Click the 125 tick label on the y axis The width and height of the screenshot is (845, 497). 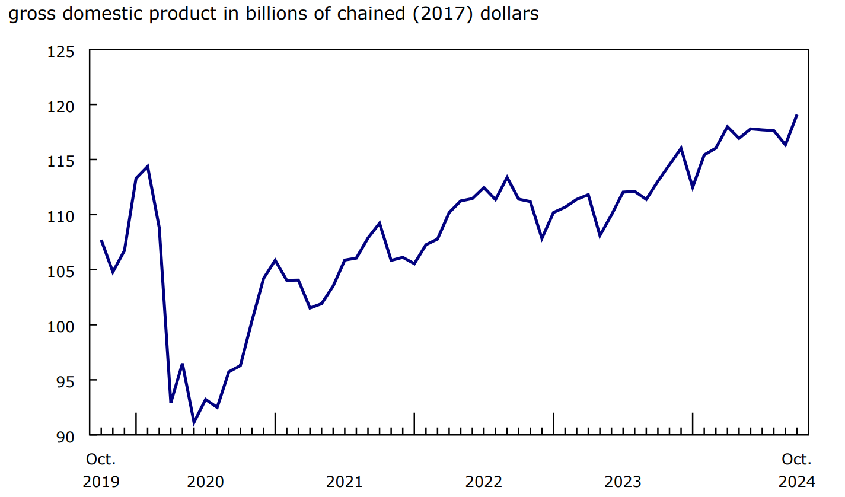coord(62,52)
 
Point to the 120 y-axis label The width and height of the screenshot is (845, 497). coord(62,106)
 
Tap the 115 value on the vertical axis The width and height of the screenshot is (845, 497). coord(62,161)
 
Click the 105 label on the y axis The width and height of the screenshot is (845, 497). coord(62,270)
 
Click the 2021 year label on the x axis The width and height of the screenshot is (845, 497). coord(345,482)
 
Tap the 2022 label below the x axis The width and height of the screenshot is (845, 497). coord(484,482)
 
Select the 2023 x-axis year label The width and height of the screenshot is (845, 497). coord(623,482)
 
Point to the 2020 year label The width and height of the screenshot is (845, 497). coord(205,482)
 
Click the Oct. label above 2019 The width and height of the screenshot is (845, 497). coord(101,460)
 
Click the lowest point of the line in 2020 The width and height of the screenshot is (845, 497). coord(194,423)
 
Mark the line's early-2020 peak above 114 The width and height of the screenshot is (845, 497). coord(147,167)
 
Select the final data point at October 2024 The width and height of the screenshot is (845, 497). coord(797,115)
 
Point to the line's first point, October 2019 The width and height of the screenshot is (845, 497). coord(101,240)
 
